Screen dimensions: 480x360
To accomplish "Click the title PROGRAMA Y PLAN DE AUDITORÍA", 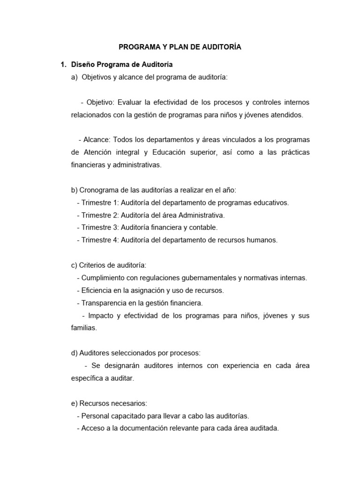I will click(x=180, y=47).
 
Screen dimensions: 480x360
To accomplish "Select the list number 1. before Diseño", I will click(x=59, y=64).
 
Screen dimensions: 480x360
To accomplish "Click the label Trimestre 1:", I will click(x=100, y=203).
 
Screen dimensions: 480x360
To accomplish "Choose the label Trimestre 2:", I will click(x=100, y=215).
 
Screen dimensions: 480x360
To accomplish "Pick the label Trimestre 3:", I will click(x=100, y=227).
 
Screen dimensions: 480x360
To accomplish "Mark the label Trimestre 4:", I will click(x=100, y=240).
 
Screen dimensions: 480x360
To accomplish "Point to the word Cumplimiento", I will click(x=102, y=278).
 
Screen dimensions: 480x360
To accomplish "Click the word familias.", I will click(x=83, y=328).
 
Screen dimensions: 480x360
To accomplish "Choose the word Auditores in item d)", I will click(x=94, y=353).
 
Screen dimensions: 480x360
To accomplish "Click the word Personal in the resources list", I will click(x=95, y=416).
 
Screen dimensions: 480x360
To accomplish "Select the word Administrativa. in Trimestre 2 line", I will click(x=199, y=215).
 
